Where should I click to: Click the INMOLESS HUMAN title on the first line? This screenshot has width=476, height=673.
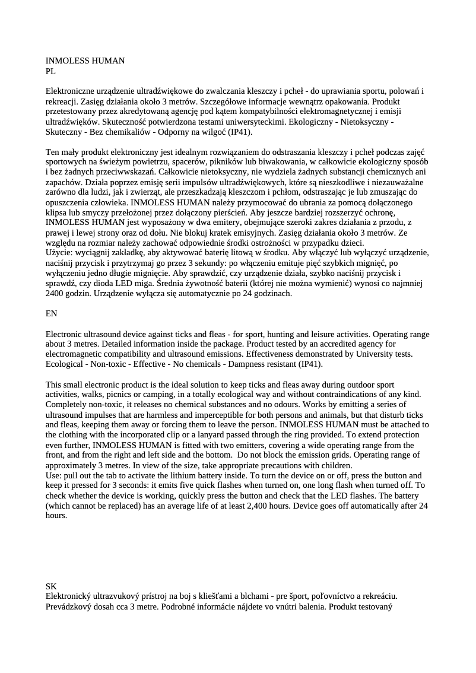tap(85, 61)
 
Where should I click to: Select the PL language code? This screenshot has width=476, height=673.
tap(50, 71)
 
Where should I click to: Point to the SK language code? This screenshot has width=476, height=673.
tap(51, 586)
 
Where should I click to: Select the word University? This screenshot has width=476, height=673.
tap(370, 354)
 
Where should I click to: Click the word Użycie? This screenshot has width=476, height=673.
tap(59, 253)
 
